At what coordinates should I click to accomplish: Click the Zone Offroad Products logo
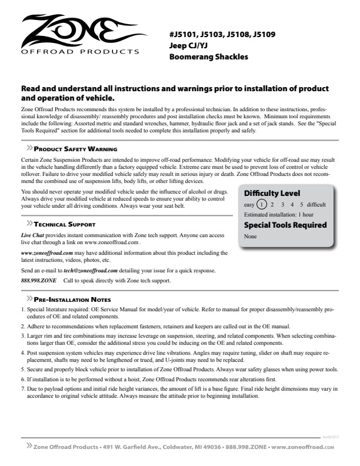click(76, 35)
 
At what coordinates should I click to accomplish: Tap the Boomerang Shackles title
click(209, 57)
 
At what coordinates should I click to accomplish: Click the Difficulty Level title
click(272, 193)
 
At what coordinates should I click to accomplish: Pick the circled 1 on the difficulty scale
click(262, 205)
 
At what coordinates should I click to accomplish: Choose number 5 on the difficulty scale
click(300, 205)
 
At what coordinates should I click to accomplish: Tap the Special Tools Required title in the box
click(285, 225)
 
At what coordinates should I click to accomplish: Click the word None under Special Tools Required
click(251, 237)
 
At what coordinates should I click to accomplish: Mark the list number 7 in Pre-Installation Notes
click(22, 390)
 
